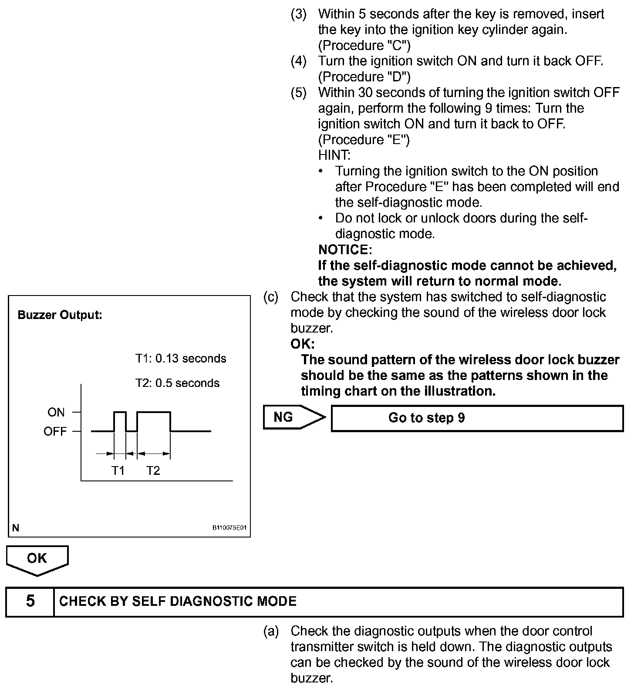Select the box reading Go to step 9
[477, 418]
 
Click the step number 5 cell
[30, 601]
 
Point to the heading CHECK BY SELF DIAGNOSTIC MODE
[178, 601]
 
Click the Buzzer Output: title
[60, 315]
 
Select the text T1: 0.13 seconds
[181, 359]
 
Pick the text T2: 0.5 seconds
[177, 383]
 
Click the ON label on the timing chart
[56, 412]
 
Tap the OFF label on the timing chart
[55, 431]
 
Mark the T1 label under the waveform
[118, 470]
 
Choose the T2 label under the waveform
[153, 470]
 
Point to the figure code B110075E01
[229, 528]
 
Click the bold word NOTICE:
[345, 250]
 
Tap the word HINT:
[334, 155]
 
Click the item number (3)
[299, 14]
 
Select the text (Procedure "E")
[364, 140]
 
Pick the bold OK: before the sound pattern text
[302, 344]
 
